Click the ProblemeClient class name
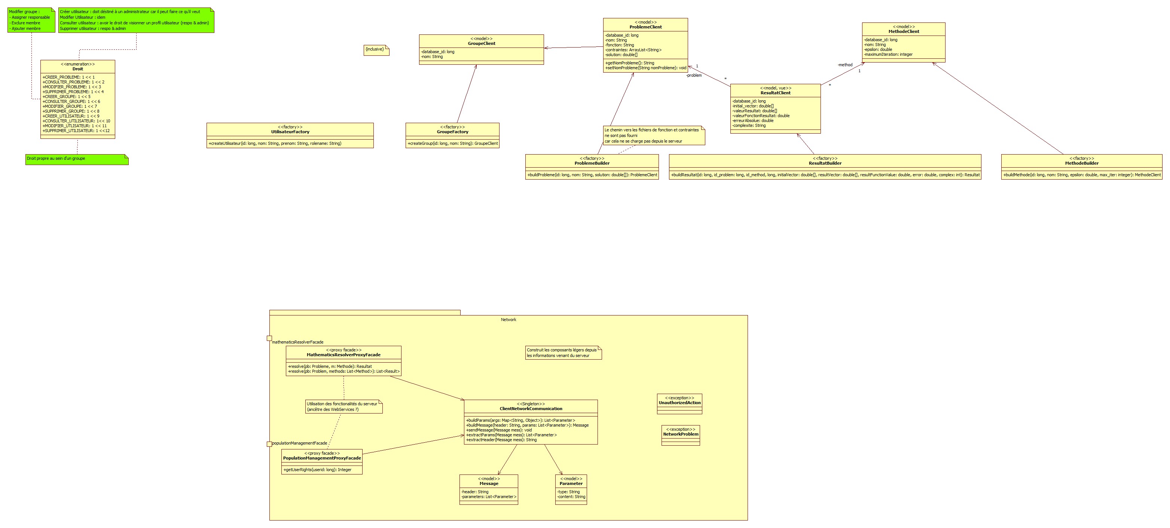pos(645,27)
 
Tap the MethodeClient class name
pos(903,31)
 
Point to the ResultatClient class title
pos(775,93)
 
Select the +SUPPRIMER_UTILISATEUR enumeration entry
pos(76,131)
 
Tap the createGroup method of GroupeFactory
pos(452,144)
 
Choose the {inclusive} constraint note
pos(375,49)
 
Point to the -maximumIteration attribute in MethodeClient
pos(888,55)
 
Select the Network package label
pos(508,320)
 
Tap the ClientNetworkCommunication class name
pos(531,409)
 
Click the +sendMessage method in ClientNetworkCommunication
pos(499,430)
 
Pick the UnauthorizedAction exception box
pos(679,403)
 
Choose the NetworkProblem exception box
pos(680,434)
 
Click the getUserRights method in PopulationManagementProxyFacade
pos(318,470)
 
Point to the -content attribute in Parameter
pos(571,497)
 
